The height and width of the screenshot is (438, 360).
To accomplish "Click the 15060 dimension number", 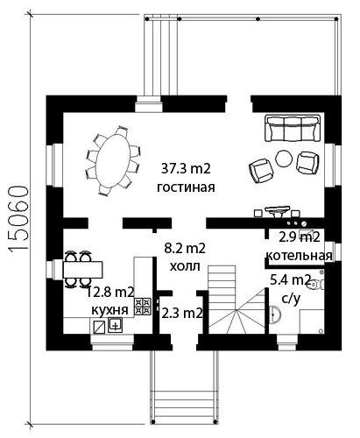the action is [x=18, y=218].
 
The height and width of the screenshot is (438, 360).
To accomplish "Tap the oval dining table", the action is [x=114, y=160].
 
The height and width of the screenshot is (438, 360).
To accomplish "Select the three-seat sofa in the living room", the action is [x=293, y=128].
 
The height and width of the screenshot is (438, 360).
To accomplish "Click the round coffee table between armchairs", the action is [x=284, y=159].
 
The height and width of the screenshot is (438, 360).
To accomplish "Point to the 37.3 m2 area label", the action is [x=186, y=169].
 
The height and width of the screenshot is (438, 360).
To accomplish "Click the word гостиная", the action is [x=186, y=187].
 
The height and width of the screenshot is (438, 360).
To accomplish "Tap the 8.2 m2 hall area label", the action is [x=185, y=248].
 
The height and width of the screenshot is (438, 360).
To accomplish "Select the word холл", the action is [x=185, y=266].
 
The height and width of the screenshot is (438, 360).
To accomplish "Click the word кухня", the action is [x=109, y=310].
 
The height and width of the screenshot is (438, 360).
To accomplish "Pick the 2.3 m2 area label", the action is [x=182, y=314].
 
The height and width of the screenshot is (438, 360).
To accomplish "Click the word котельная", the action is [x=299, y=256].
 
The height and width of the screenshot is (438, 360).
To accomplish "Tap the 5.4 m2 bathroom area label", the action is [x=290, y=280].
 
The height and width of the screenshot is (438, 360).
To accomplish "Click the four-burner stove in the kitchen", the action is [x=143, y=306].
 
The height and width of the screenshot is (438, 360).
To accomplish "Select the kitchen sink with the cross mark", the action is [x=116, y=325].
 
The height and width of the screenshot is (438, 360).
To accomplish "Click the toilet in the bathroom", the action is [x=316, y=284].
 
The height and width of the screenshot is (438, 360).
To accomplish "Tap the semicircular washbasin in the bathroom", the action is [x=274, y=314].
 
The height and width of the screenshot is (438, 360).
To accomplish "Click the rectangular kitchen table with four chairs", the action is [x=82, y=270].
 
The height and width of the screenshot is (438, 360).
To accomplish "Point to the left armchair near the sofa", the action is [x=261, y=171].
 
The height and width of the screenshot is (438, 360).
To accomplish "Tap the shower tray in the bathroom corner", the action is [x=312, y=321].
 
